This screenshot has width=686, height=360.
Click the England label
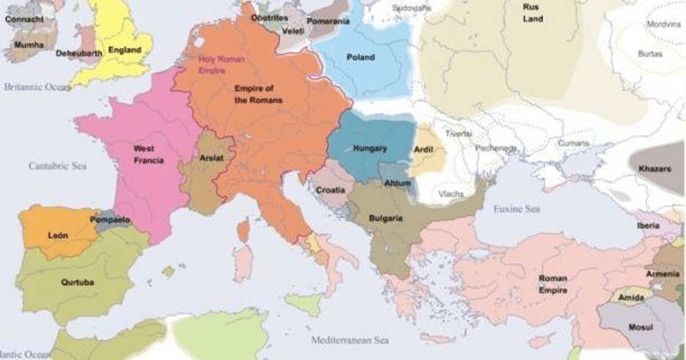tap(124, 50)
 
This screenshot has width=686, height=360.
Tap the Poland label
tap(361, 57)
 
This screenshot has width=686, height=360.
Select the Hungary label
tap(370, 149)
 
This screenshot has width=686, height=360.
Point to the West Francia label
tap(148, 154)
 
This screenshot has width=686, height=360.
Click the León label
tap(58, 235)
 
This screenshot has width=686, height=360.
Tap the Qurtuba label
tap(77, 282)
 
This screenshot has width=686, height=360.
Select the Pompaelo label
tap(110, 219)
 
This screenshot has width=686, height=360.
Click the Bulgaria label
tap(385, 218)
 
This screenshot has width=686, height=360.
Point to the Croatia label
tap(330, 190)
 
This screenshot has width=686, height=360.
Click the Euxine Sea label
tap(516, 209)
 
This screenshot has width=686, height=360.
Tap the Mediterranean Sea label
tap(350, 341)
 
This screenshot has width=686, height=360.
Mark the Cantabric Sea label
tap(58, 166)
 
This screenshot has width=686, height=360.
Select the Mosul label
tap(640, 327)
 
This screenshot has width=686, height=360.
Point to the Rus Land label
tap(532, 13)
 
